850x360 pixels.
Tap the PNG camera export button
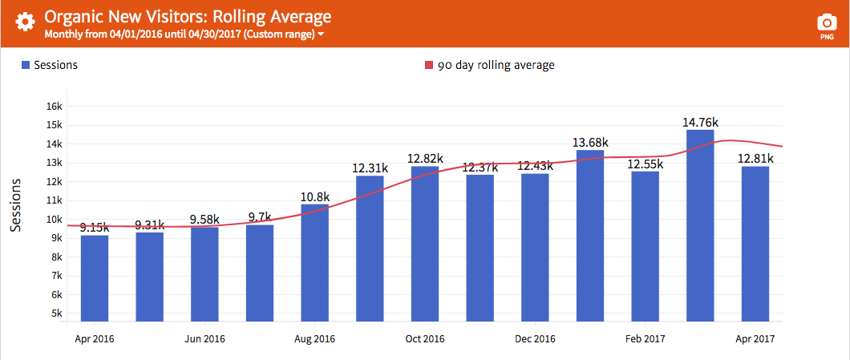[826, 26]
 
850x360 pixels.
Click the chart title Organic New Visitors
[188, 17]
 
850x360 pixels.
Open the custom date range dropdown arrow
[321, 35]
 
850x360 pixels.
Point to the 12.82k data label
[425, 158]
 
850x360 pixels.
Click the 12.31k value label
[370, 168]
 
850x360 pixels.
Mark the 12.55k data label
[645, 164]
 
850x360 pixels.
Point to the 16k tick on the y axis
[55, 107]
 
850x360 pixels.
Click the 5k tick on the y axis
[56, 313]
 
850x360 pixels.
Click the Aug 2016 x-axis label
[315, 339]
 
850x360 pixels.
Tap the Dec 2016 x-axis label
[535, 339]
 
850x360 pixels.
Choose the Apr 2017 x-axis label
[755, 339]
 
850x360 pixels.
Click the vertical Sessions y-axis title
[15, 205]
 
